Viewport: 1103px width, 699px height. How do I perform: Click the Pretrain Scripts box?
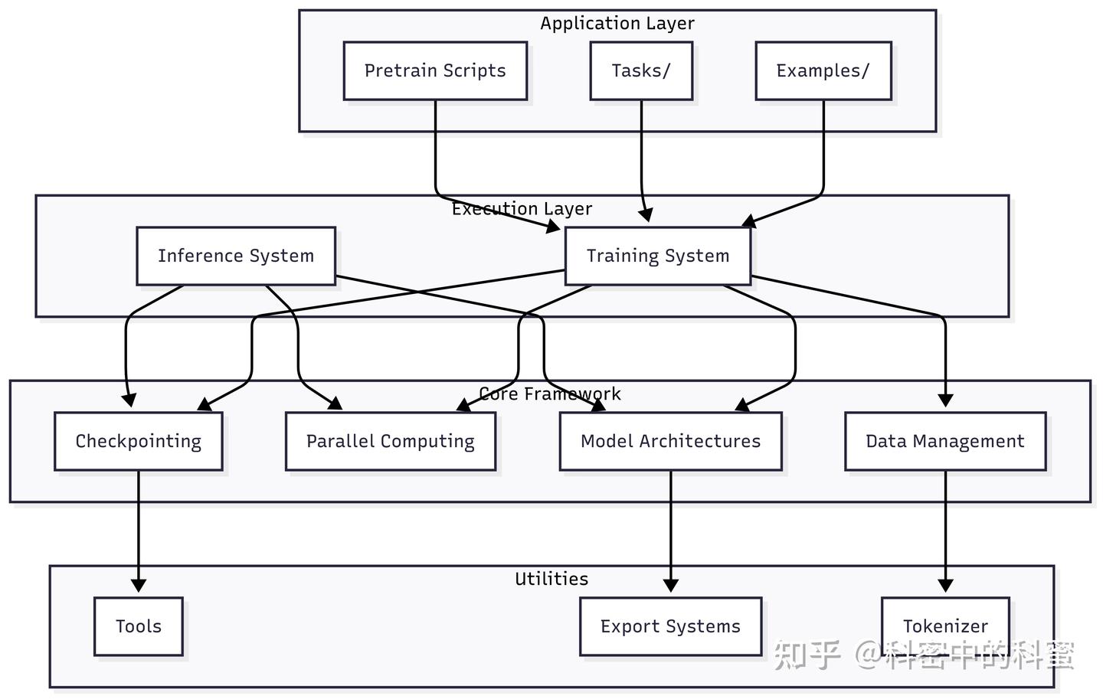point(435,71)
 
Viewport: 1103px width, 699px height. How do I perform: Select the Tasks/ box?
point(641,71)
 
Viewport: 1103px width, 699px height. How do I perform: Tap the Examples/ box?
point(823,71)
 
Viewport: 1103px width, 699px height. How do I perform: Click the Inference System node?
point(236,256)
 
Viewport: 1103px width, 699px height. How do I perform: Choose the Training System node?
point(657,256)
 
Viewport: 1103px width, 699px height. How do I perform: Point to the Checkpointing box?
point(139,441)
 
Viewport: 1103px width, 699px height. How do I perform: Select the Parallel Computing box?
point(390,441)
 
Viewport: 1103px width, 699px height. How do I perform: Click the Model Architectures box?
point(670,441)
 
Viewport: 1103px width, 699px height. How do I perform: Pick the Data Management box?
point(944,441)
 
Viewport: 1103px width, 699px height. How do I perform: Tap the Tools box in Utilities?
point(139,626)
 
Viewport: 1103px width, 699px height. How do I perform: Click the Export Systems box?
point(670,626)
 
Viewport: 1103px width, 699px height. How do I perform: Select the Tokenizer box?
point(945,626)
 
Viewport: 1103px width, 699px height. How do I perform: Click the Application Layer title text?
point(617,24)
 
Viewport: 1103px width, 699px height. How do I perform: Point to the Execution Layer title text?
point(522,209)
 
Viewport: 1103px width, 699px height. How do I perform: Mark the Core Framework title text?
point(549,394)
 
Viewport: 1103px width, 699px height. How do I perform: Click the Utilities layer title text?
point(551,579)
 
